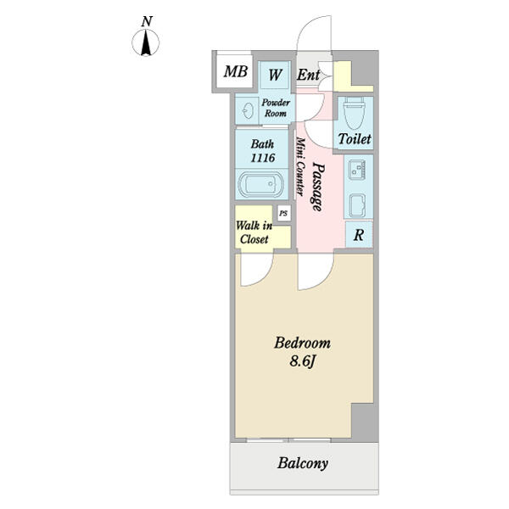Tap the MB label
click(235, 72)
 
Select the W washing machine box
click(275, 74)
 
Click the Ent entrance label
click(307, 74)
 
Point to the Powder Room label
click(276, 108)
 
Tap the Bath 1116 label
click(262, 149)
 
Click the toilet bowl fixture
click(355, 111)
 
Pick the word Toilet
click(355, 138)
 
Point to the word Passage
click(316, 186)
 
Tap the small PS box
click(283, 213)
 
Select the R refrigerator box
click(359, 235)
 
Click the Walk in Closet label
click(254, 232)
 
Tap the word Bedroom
click(301, 344)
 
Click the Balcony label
click(302, 464)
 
